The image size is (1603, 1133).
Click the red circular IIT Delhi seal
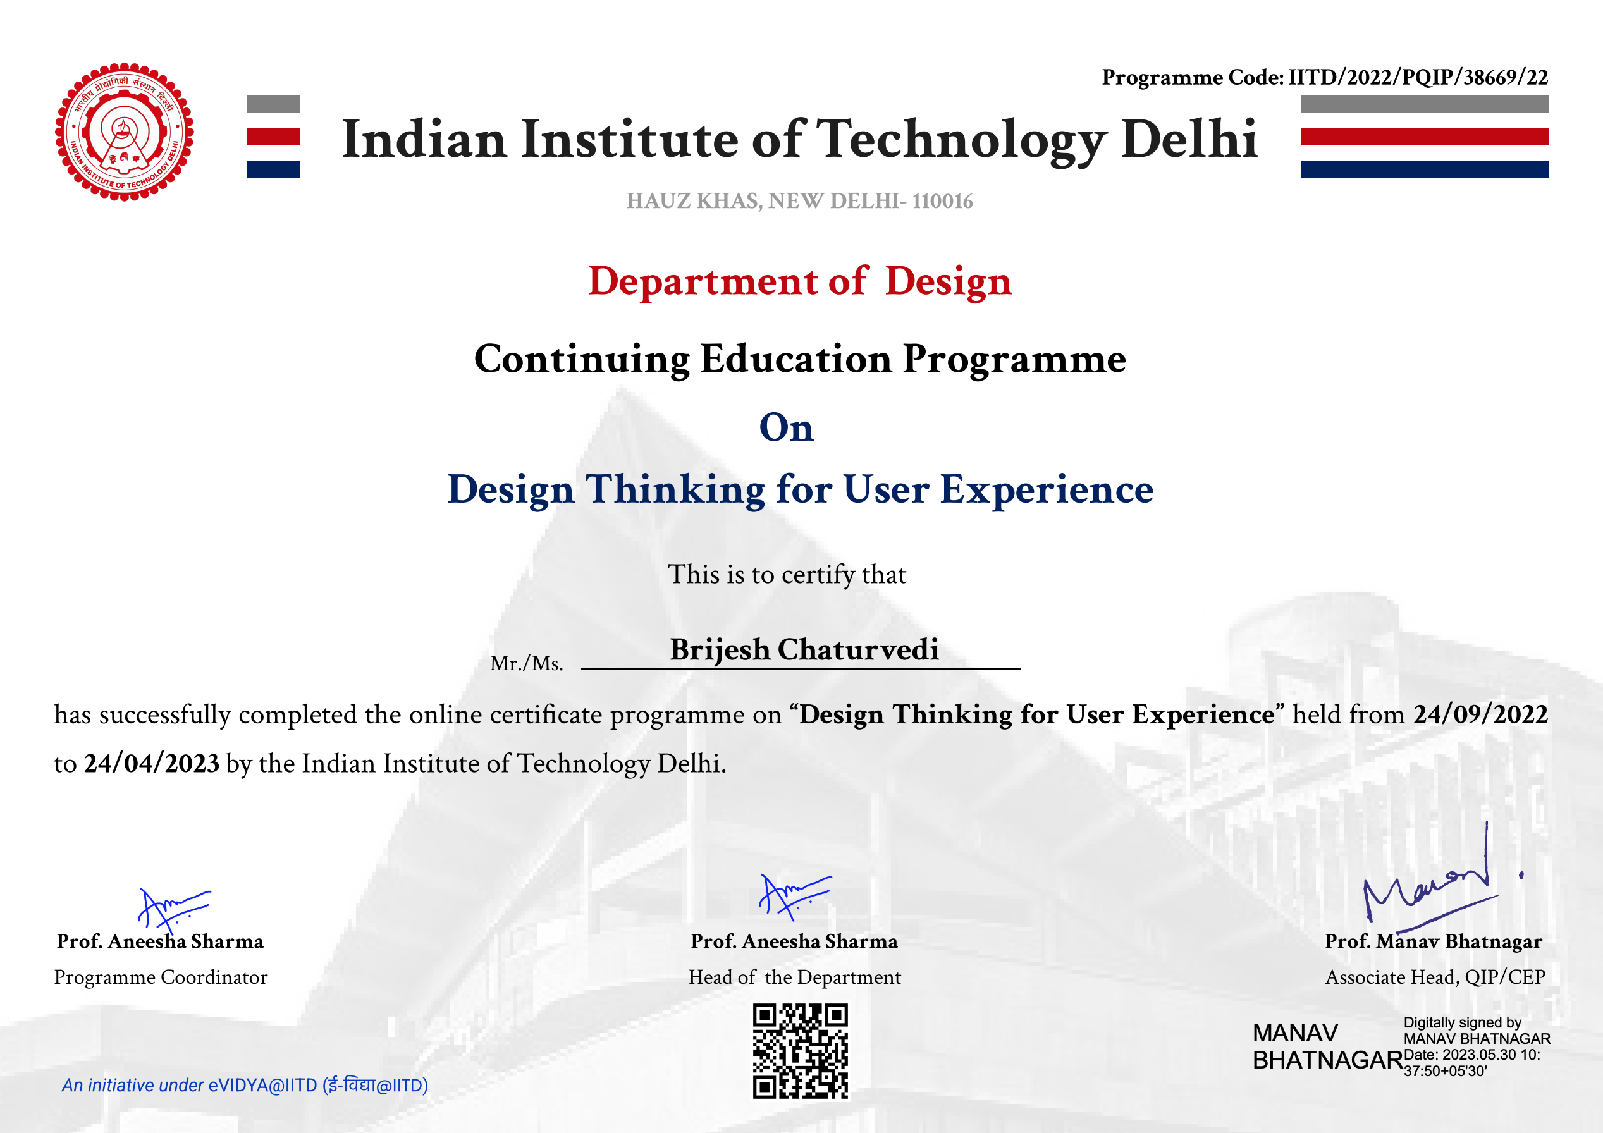pyautogui.click(x=125, y=132)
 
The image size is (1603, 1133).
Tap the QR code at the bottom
pyautogui.click(x=800, y=1051)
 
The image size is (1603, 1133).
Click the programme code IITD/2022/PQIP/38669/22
pyautogui.click(x=1418, y=77)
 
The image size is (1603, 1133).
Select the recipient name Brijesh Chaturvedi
pyautogui.click(x=804, y=649)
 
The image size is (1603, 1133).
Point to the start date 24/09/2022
pyautogui.click(x=1481, y=714)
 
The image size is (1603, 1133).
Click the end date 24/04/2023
pyautogui.click(x=152, y=763)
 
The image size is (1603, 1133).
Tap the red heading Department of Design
pyautogui.click(x=800, y=281)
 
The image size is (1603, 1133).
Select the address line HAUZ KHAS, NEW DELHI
pyautogui.click(x=799, y=201)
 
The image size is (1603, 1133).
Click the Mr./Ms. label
pyautogui.click(x=526, y=663)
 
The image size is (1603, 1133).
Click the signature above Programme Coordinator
pyautogui.click(x=174, y=910)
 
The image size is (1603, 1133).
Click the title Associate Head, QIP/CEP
pyautogui.click(x=1435, y=977)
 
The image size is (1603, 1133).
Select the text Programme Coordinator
pyautogui.click(x=161, y=977)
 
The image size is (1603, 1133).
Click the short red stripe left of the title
pyautogui.click(x=273, y=137)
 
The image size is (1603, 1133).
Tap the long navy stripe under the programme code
pyautogui.click(x=1424, y=169)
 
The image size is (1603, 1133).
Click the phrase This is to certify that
pyautogui.click(x=787, y=575)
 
